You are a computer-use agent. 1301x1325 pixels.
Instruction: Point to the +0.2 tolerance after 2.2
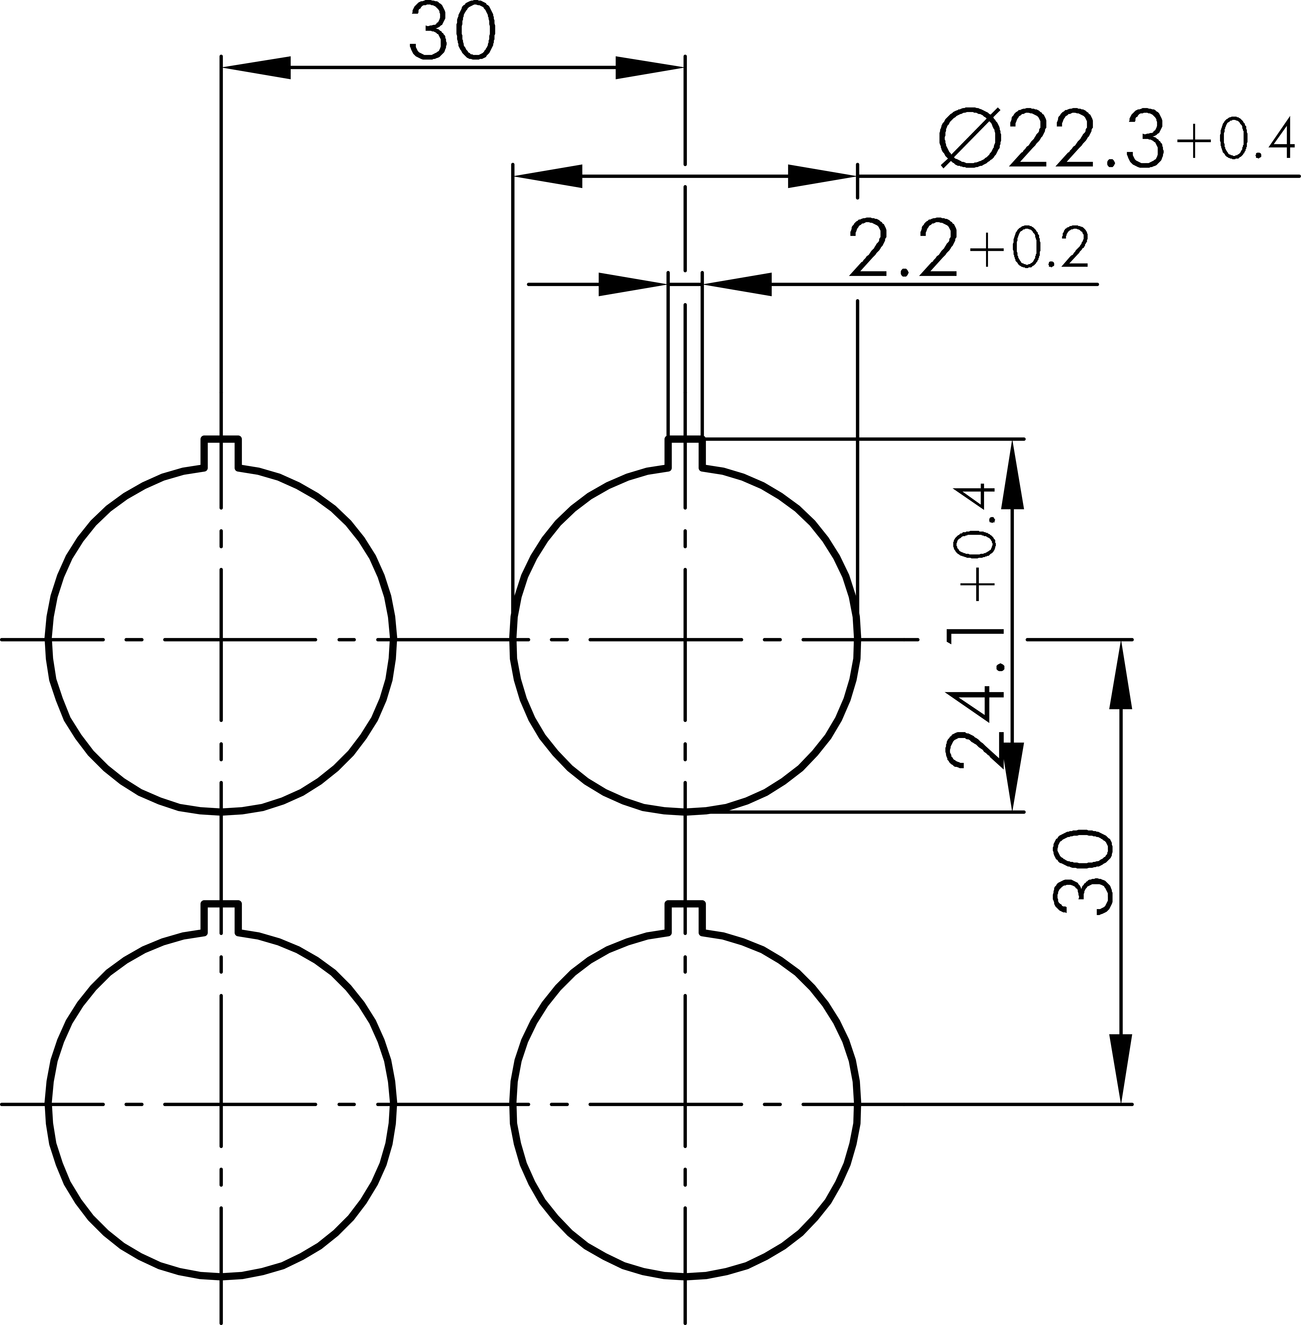1028,248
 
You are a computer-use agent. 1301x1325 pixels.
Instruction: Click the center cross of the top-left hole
221,640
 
